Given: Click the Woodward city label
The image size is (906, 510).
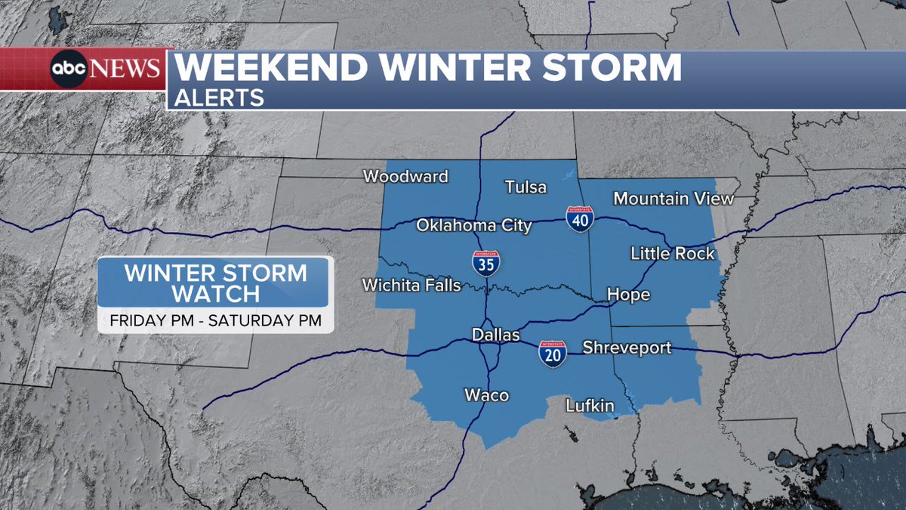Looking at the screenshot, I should point(405,177).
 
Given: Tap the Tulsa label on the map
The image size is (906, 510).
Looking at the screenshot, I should point(525,187).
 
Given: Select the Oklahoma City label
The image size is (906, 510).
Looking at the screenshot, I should point(474,225).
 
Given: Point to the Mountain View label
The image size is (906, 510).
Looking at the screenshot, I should point(673,199).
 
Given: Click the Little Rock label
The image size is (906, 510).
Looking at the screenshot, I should point(673,254).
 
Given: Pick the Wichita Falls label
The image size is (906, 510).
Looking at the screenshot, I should point(411,286).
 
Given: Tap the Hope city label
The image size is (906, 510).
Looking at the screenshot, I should point(628,295).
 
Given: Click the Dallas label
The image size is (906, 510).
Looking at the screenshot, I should point(496,334).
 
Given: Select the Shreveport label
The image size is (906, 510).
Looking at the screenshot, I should point(627,348).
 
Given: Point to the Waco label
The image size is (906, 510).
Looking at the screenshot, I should point(486,395).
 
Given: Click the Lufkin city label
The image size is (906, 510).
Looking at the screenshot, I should point(590,406).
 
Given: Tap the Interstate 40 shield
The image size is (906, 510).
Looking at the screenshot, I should point(579,218).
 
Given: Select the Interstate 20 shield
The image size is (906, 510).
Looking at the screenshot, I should point(553,354).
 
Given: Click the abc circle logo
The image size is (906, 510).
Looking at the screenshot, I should point(69,70).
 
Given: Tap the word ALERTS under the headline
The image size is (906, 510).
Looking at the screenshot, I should point(220,97).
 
